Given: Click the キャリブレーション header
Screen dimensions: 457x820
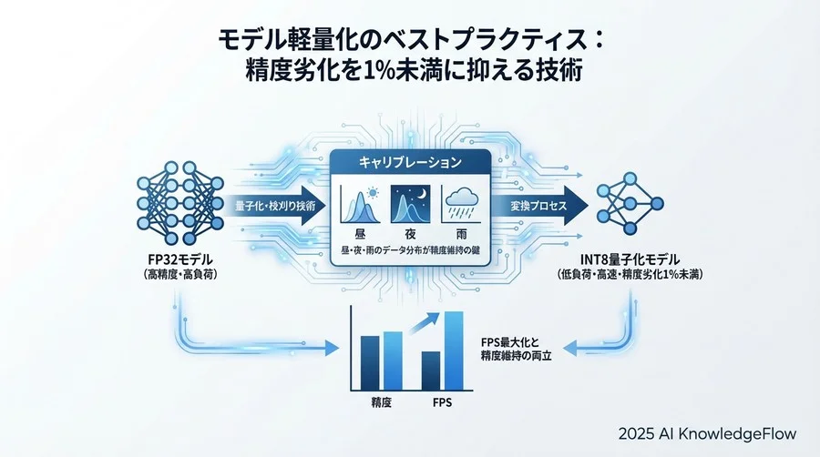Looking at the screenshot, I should pos(410,161).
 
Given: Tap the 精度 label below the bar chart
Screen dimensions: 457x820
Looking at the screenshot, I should pos(381,401).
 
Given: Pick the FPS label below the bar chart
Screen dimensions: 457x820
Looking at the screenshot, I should pos(443,401).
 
